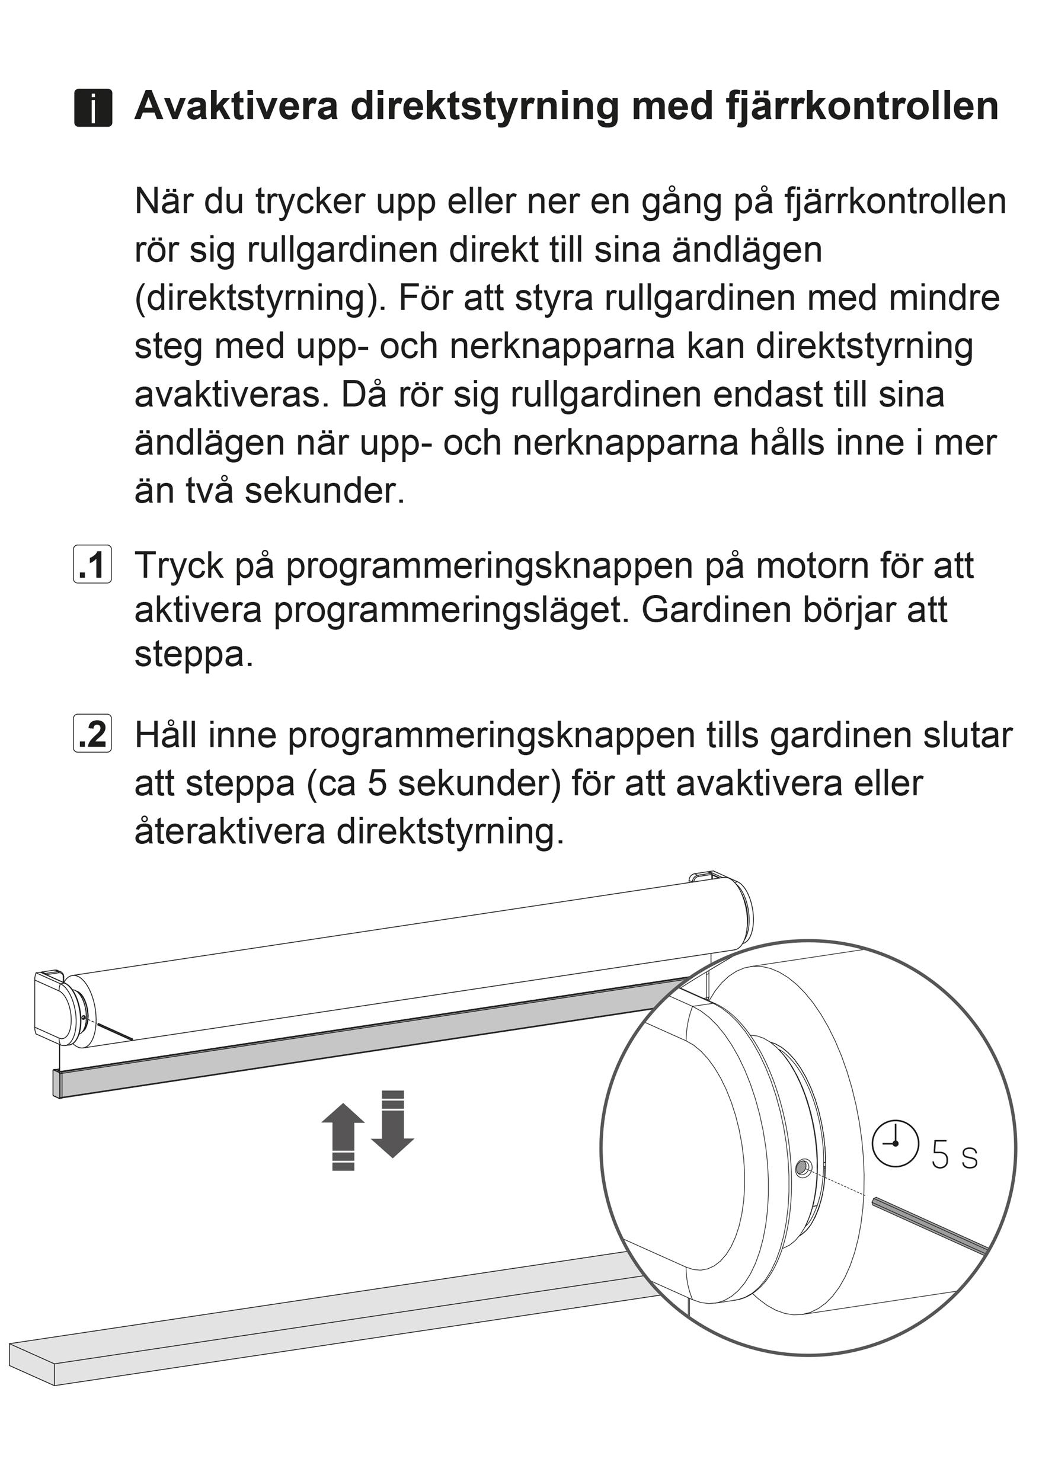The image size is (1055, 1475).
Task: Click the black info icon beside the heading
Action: click(93, 108)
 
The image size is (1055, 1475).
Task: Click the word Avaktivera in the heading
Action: click(236, 106)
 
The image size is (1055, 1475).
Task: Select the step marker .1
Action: click(92, 566)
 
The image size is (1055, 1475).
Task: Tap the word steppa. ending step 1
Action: click(194, 656)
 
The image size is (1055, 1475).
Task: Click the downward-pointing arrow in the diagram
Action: click(392, 1124)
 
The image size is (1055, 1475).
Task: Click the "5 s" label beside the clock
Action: click(954, 1156)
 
